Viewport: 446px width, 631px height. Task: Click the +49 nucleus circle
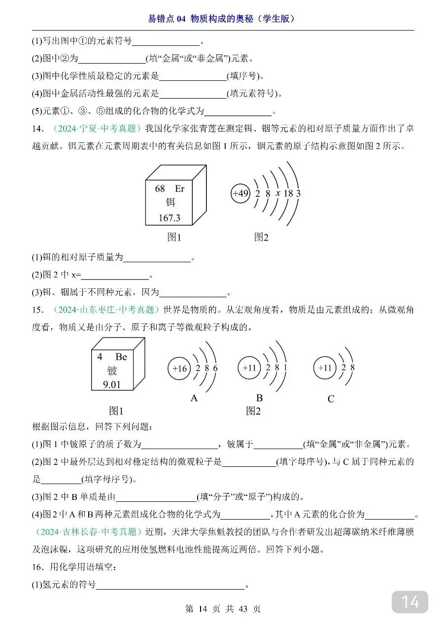click(x=240, y=193)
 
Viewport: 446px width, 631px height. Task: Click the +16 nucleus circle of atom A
click(x=179, y=368)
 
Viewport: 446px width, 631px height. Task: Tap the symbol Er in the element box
click(x=179, y=189)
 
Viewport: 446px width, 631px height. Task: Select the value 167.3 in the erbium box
click(x=169, y=217)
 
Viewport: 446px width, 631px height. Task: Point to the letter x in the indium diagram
click(x=278, y=193)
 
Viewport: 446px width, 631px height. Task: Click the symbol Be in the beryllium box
click(x=121, y=356)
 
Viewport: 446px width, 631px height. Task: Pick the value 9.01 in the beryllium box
click(x=112, y=384)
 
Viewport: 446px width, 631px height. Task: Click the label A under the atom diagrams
click(x=194, y=398)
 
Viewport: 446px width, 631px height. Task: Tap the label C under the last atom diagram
click(x=331, y=399)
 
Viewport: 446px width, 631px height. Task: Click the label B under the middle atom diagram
click(x=259, y=398)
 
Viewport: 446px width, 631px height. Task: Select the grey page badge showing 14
click(x=410, y=602)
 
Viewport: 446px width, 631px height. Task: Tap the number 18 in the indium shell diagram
click(x=288, y=193)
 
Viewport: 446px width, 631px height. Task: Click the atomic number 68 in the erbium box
click(x=160, y=189)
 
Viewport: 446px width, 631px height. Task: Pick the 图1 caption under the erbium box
click(x=174, y=237)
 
